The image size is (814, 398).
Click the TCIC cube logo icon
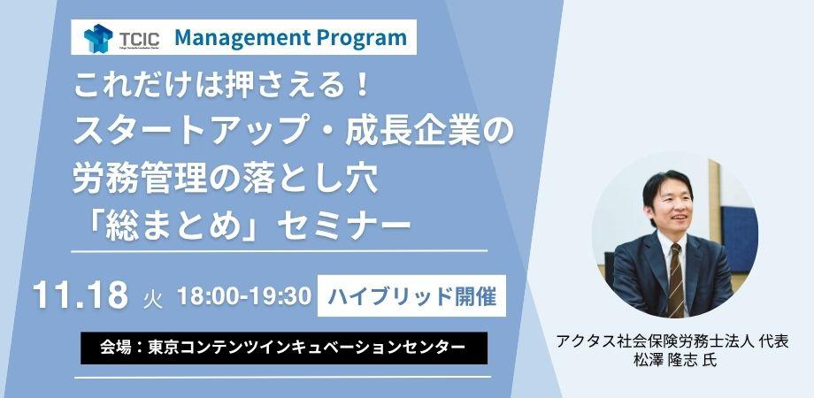98,38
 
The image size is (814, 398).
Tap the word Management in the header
241,37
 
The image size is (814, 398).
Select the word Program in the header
360,37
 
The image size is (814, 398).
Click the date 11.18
80,295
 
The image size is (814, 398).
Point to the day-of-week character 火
152,301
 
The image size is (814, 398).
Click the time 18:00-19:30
244,295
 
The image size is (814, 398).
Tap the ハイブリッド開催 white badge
411,295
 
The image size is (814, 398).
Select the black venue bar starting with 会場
284,348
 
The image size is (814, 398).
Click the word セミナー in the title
344,226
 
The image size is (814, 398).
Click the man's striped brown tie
675,279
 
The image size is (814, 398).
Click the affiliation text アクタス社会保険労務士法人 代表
672,342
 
